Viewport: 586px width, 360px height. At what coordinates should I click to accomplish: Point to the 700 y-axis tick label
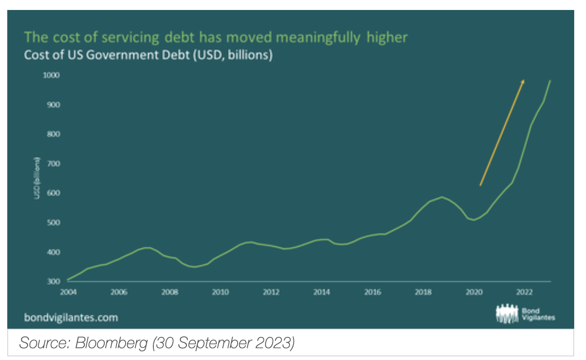pyautogui.click(x=54, y=164)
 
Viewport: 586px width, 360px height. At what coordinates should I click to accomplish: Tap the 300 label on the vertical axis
pyautogui.click(x=54, y=282)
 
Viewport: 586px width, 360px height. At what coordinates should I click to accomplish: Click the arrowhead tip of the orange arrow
pyautogui.click(x=524, y=80)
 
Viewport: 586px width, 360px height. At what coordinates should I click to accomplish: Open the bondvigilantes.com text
pyautogui.click(x=71, y=317)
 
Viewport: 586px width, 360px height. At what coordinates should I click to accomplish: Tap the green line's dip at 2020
pyautogui.click(x=474, y=220)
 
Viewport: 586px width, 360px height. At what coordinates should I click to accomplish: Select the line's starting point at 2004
pyautogui.click(x=68, y=280)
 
